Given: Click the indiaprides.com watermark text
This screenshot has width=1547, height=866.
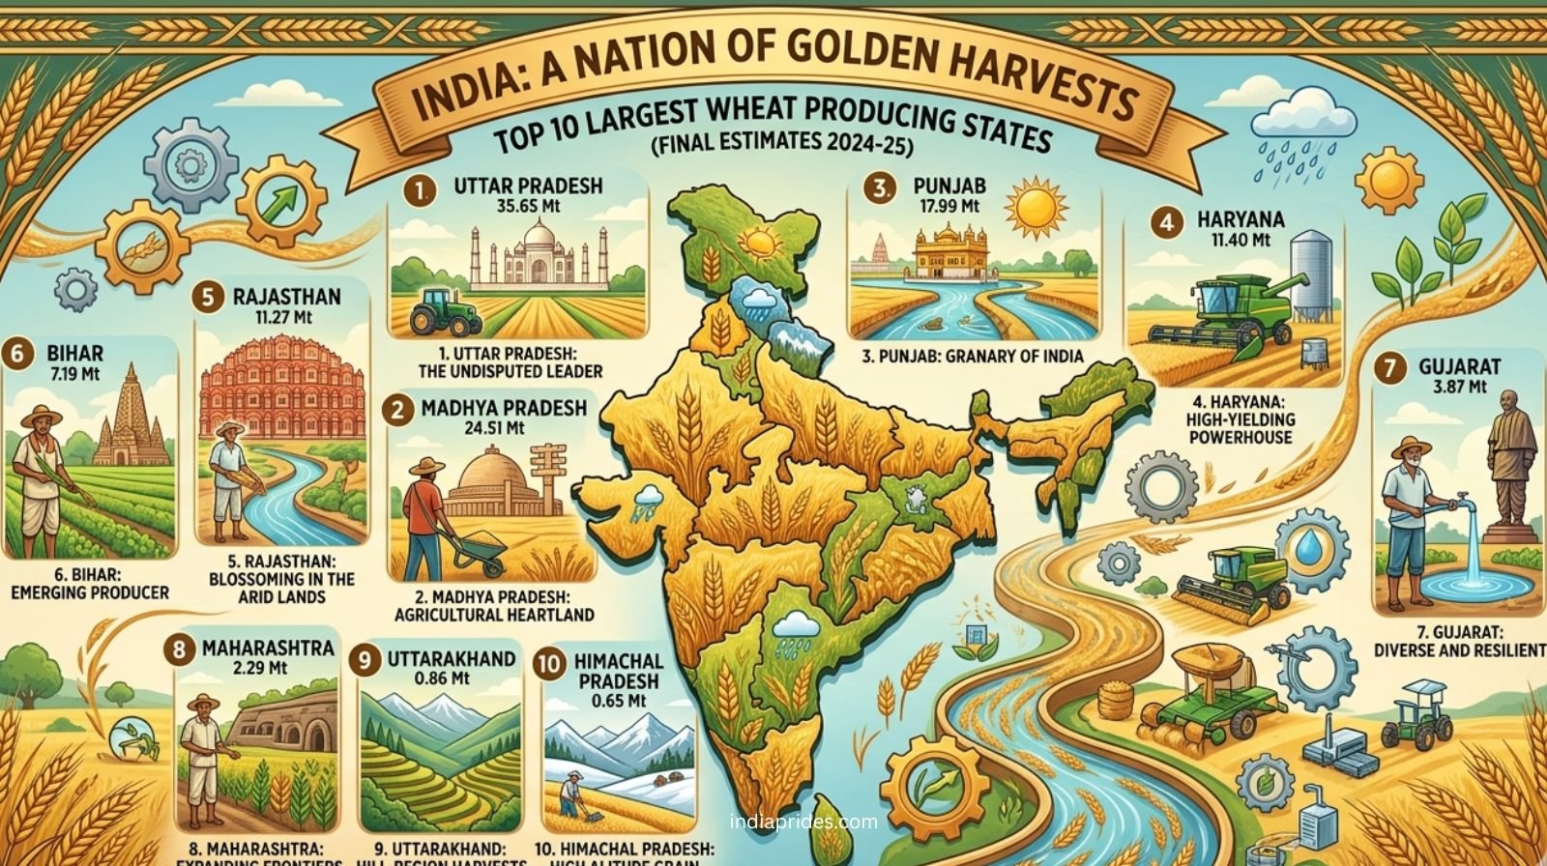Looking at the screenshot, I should pyautogui.click(x=803, y=823).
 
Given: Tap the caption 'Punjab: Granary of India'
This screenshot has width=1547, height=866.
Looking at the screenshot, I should pyautogui.click(x=972, y=357).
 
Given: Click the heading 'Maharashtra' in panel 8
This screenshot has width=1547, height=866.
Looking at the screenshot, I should pyautogui.click(x=268, y=647).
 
